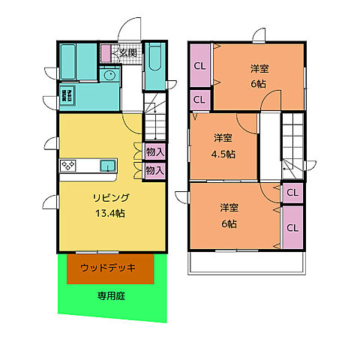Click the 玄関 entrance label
pos(127,53)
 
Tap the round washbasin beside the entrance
pos(109,75)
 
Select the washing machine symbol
pos(68,96)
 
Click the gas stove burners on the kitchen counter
pos(69,166)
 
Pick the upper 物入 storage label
pos(155,152)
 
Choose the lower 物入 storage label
pos(155,170)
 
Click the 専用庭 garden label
pos(110,295)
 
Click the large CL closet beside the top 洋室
pos(199,65)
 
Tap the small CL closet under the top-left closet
pos(199,100)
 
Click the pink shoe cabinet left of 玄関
pos(106,53)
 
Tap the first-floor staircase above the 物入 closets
pos(154,121)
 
